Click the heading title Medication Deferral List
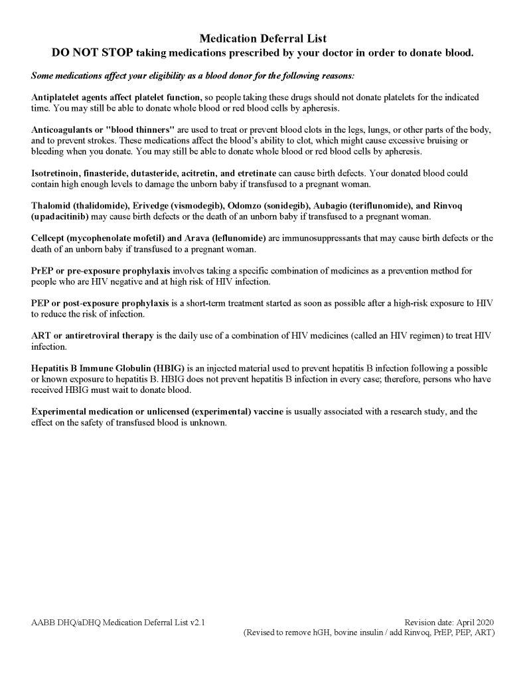(x=263, y=39)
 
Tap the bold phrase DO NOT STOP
(x=90, y=53)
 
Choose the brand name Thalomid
(x=52, y=206)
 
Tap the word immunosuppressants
(x=319, y=238)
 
